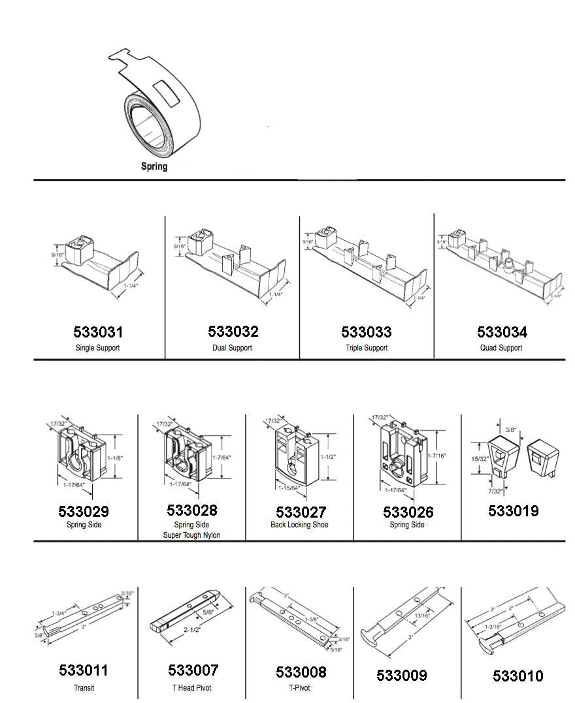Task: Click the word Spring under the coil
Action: [154, 166]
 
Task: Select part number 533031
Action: [97, 332]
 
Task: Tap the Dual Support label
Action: [232, 348]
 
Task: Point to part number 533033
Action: [367, 332]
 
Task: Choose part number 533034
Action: [502, 332]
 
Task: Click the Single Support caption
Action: [97, 348]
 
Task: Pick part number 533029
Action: [84, 512]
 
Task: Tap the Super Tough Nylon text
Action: [191, 535]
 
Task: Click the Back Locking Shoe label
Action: [299, 525]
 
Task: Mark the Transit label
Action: [84, 687]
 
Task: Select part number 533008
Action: [301, 672]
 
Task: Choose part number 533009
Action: [401, 676]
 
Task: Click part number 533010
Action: [517, 676]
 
